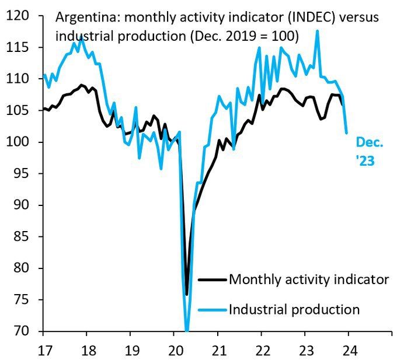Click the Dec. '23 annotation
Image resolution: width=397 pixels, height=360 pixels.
coord(369,152)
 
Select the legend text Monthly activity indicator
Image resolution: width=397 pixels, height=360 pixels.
coord(309,279)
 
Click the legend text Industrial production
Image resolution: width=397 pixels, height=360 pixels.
coord(294,309)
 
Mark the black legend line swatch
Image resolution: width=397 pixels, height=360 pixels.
coord(212,279)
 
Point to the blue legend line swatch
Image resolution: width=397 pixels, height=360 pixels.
coord(212,310)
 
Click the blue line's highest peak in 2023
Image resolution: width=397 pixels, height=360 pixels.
coord(318,31)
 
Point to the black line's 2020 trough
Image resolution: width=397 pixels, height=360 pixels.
coord(187,294)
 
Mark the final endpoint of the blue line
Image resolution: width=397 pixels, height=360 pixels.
coord(347,133)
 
